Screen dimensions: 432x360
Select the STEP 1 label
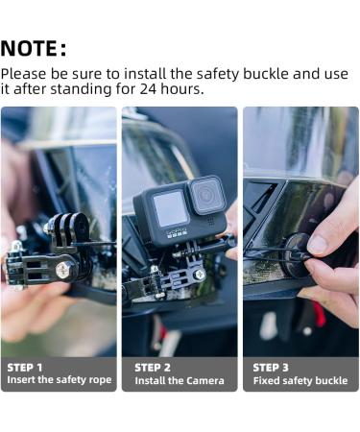[x=25, y=368]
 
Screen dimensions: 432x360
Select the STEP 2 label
[x=153, y=368]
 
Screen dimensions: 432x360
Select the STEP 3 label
[x=272, y=368]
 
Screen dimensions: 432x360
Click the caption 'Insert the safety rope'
[x=59, y=380]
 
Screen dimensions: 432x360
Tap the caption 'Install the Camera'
[x=179, y=380]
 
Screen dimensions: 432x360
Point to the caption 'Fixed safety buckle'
[x=299, y=380]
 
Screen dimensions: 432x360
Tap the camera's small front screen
[x=170, y=209]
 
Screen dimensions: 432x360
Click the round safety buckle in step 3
[x=300, y=254]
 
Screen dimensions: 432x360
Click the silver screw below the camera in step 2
[x=200, y=275]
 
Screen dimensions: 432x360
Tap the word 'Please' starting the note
[x=25, y=73]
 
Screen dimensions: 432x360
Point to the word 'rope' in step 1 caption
[x=100, y=380]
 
